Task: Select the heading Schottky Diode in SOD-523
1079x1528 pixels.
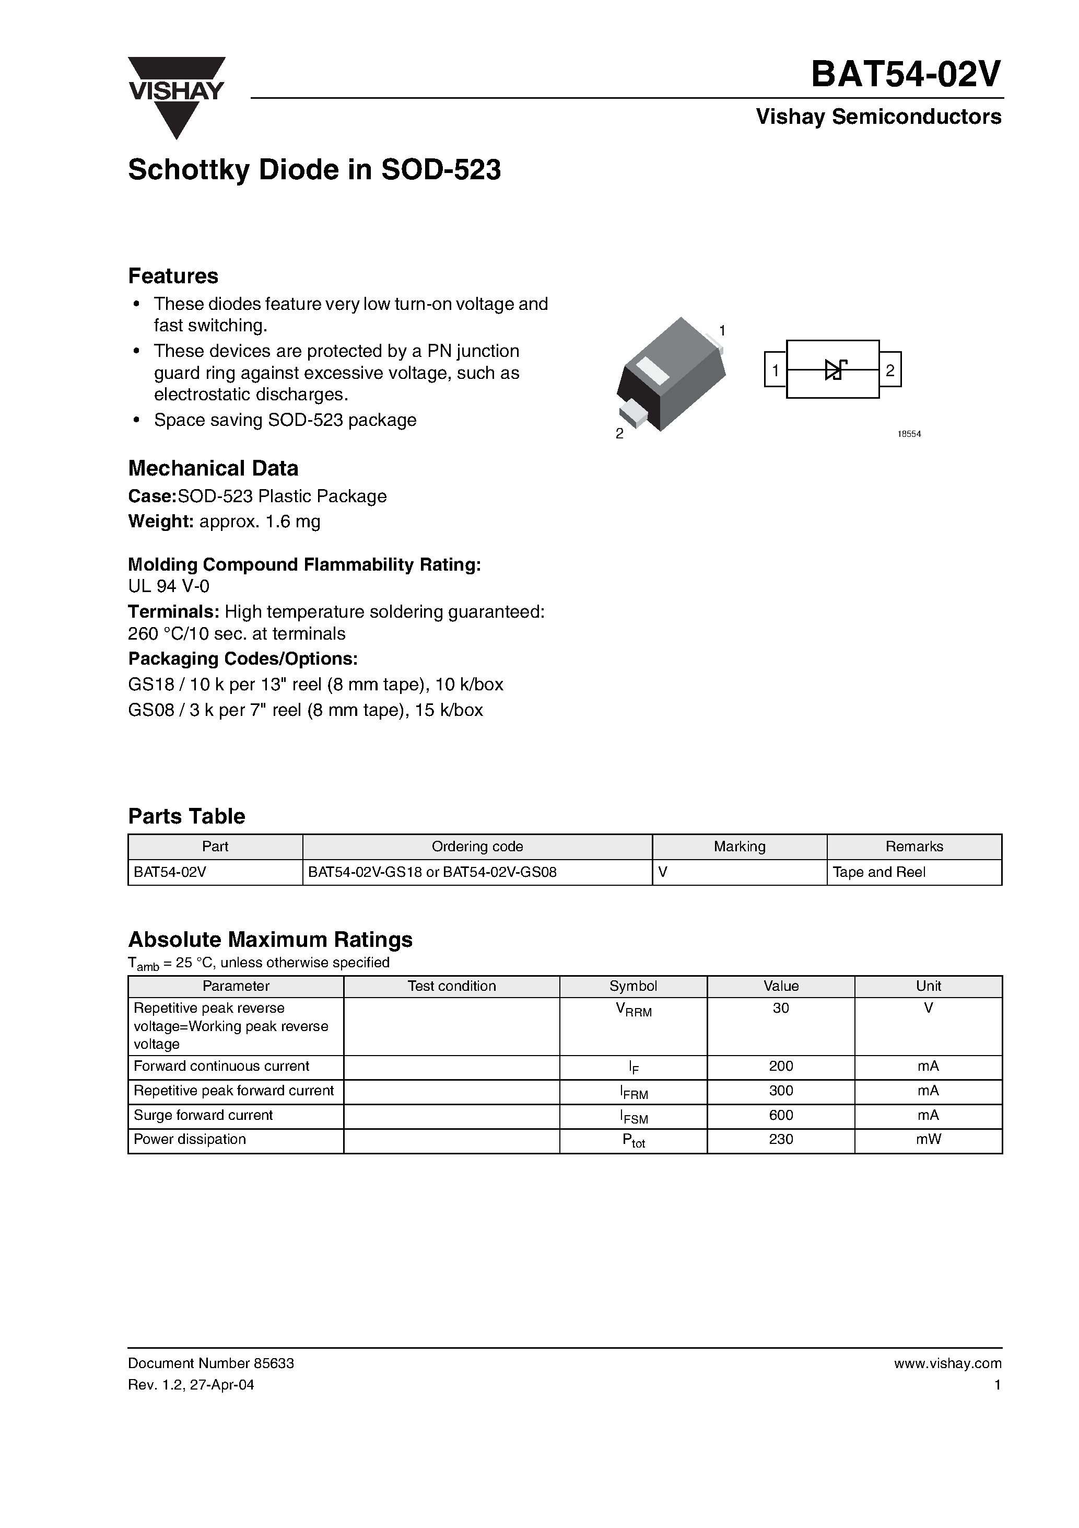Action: coord(314,170)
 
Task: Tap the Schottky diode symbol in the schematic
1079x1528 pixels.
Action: coord(834,369)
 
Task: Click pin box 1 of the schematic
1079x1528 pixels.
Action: coord(775,369)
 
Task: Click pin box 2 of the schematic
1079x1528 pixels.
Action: coord(890,369)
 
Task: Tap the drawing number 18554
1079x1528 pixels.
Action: coord(909,434)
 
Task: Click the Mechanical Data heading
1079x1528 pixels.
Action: coord(213,469)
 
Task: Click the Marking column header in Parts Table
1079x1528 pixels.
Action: coord(739,847)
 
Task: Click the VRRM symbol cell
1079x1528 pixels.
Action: coord(634,1010)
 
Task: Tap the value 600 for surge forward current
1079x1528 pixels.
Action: coord(780,1115)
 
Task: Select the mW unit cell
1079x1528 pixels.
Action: coord(928,1139)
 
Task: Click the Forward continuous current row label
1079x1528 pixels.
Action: coord(221,1066)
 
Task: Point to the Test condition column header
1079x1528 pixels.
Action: coord(452,986)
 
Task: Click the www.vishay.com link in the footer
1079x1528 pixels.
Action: coord(947,1363)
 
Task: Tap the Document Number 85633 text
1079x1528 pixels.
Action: coord(211,1363)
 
